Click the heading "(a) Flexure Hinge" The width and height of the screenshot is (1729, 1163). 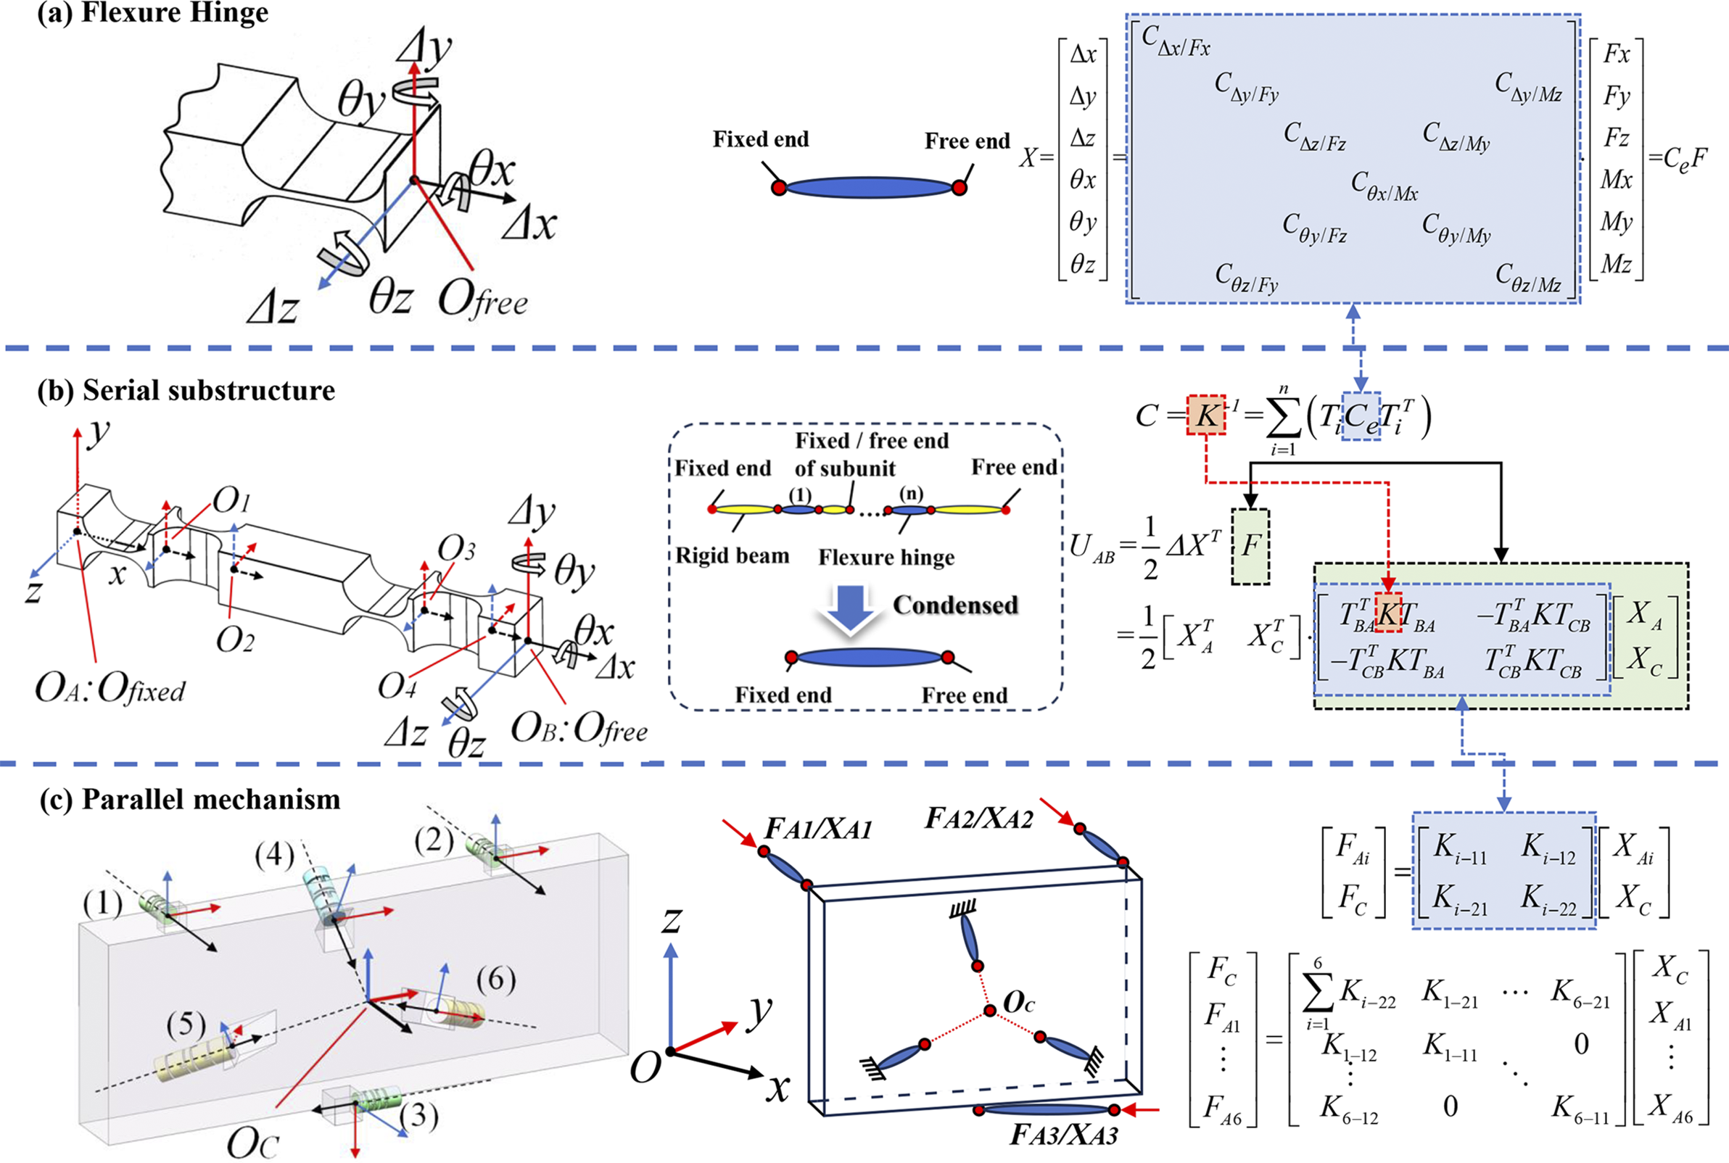point(153,13)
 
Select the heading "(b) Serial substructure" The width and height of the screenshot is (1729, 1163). point(186,391)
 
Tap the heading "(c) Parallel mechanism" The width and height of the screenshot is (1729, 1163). point(190,800)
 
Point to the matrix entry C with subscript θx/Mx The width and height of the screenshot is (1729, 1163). point(1384,186)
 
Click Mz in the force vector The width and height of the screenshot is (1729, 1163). point(1617,264)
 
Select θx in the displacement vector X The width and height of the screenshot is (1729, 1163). point(1083,180)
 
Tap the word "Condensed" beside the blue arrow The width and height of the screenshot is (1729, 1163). point(955,605)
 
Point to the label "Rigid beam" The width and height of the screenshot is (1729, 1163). point(732,555)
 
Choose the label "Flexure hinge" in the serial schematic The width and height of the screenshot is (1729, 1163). point(886,557)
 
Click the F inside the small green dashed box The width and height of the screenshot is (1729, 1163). point(1250,546)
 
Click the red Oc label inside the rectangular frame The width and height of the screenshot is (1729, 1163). point(1018,1003)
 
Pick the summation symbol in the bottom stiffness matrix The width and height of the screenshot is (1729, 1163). point(1317,995)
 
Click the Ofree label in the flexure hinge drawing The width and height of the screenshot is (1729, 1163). point(483,300)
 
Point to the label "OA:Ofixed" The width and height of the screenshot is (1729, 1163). point(110,690)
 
